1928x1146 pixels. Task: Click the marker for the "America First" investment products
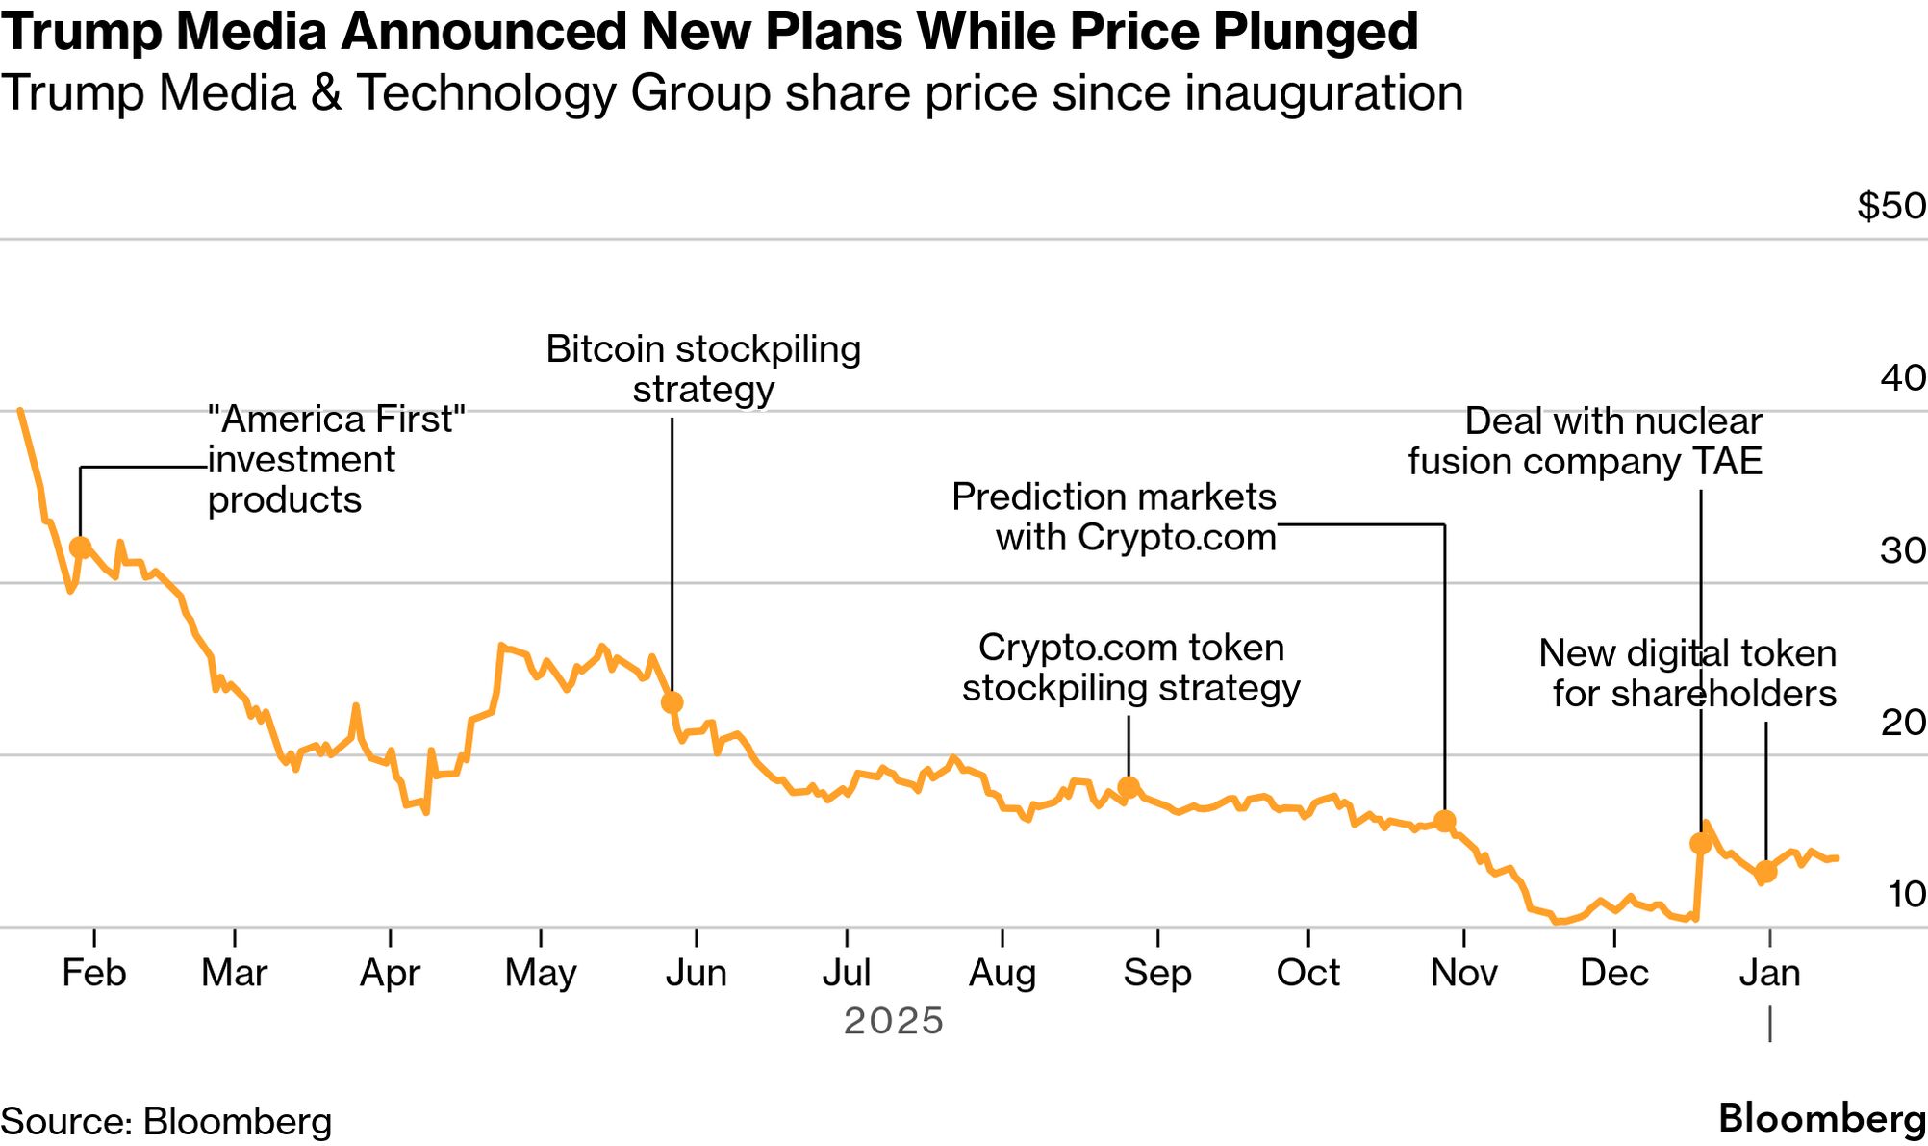click(x=81, y=548)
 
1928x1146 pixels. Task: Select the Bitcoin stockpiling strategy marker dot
click(x=672, y=702)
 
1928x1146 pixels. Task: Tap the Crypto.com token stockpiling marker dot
click(x=1129, y=787)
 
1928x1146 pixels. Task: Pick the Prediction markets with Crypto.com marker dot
click(x=1444, y=821)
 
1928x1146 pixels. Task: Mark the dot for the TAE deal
click(x=1700, y=844)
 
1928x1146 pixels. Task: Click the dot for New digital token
click(x=1765, y=872)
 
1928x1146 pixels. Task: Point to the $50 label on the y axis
click(x=1890, y=206)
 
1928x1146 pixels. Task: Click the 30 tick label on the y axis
click(x=1902, y=550)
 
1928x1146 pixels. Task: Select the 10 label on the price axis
click(x=1906, y=895)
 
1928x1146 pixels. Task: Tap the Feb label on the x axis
click(x=93, y=973)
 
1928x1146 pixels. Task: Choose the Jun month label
click(x=696, y=973)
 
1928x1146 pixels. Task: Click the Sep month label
click(x=1157, y=973)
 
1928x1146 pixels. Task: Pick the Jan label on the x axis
click(x=1769, y=973)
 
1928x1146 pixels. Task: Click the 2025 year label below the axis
click(x=894, y=1021)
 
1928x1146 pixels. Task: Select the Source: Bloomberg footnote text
click(x=166, y=1122)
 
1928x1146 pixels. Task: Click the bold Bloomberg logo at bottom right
click(x=1821, y=1119)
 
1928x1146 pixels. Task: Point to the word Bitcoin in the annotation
click(x=605, y=349)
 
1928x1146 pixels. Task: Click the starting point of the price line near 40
click(x=20, y=411)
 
